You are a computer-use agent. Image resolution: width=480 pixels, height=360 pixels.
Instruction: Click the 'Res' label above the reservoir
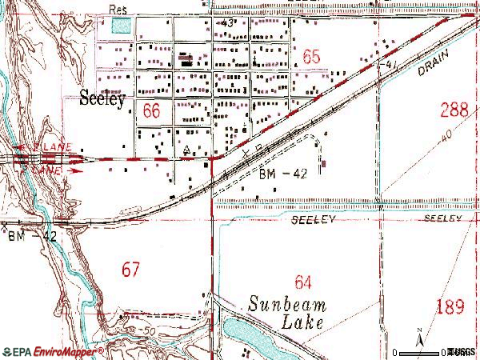coord(118,10)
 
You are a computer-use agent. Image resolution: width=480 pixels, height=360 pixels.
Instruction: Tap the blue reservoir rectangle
coord(121,26)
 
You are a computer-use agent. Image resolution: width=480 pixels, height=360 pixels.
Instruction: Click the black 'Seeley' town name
coord(103,100)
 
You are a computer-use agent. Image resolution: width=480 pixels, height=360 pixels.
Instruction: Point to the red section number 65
coord(311,57)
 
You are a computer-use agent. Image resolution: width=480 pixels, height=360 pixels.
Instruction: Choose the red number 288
coord(454,109)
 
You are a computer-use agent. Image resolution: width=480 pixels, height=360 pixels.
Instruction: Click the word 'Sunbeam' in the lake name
coord(283,305)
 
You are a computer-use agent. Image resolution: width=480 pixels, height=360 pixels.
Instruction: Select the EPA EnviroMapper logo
coord(52,351)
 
